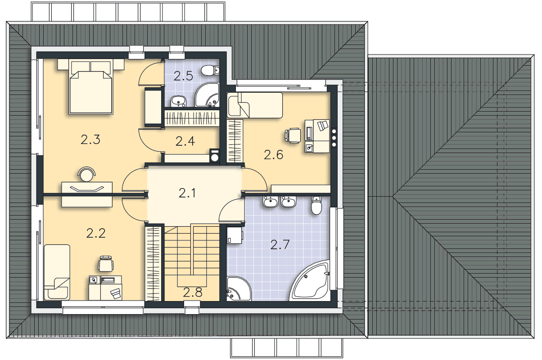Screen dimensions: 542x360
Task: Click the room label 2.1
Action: (x=187, y=193)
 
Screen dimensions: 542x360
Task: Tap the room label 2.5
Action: (x=183, y=76)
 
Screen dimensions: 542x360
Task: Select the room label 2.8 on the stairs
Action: (x=192, y=292)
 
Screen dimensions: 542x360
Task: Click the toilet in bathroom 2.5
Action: (x=210, y=70)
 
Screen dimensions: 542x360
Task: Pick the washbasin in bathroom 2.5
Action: (x=178, y=101)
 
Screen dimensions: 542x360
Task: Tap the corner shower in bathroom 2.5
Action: (x=207, y=94)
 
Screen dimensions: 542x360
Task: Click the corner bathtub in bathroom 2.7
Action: (x=310, y=281)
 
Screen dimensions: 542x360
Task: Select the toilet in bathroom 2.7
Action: (x=316, y=205)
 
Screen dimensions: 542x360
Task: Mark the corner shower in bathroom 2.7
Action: (x=239, y=288)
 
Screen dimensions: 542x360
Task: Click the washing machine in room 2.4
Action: (x=214, y=155)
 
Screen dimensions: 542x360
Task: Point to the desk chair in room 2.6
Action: (x=293, y=135)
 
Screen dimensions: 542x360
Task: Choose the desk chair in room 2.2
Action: (x=106, y=264)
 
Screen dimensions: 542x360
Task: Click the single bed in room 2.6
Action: (x=255, y=105)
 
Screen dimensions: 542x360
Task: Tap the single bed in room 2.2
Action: (x=57, y=272)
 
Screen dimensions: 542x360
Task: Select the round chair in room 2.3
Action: (x=86, y=174)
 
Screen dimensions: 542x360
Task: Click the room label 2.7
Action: (x=280, y=245)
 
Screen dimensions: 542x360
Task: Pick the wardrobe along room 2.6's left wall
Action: (x=235, y=141)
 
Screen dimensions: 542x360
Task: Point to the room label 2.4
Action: (x=185, y=141)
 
